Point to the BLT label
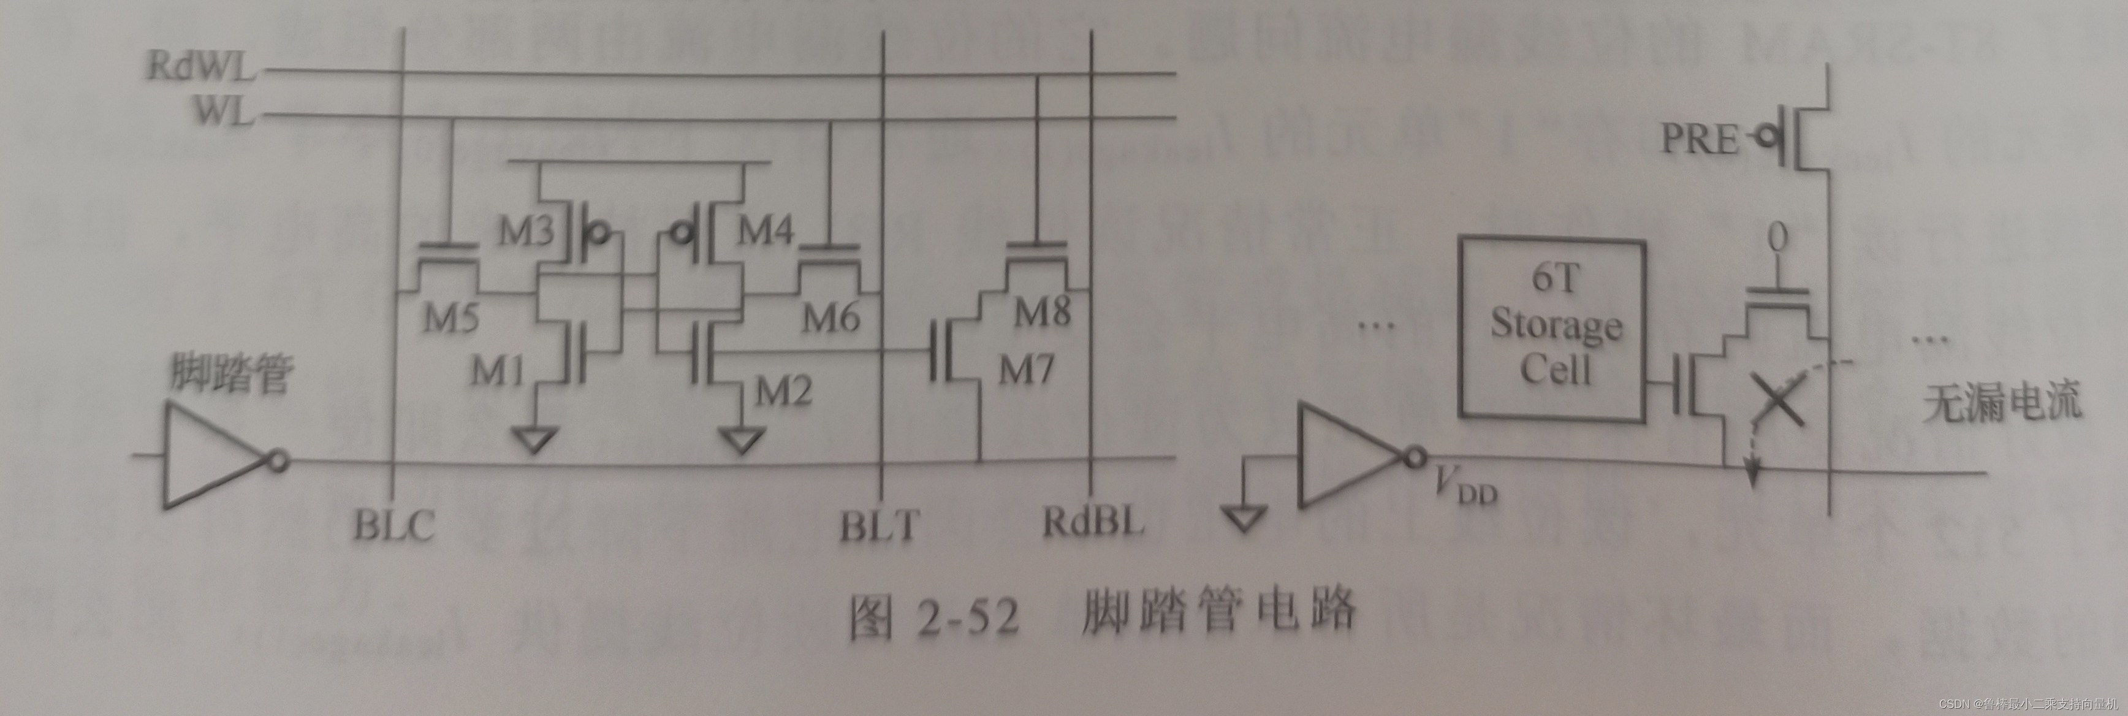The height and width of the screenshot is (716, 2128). pos(879,526)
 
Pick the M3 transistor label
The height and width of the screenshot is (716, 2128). pos(525,233)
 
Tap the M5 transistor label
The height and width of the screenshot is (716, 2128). pos(451,319)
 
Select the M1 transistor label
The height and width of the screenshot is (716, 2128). pos(498,373)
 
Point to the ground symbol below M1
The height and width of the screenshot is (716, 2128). pos(534,438)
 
